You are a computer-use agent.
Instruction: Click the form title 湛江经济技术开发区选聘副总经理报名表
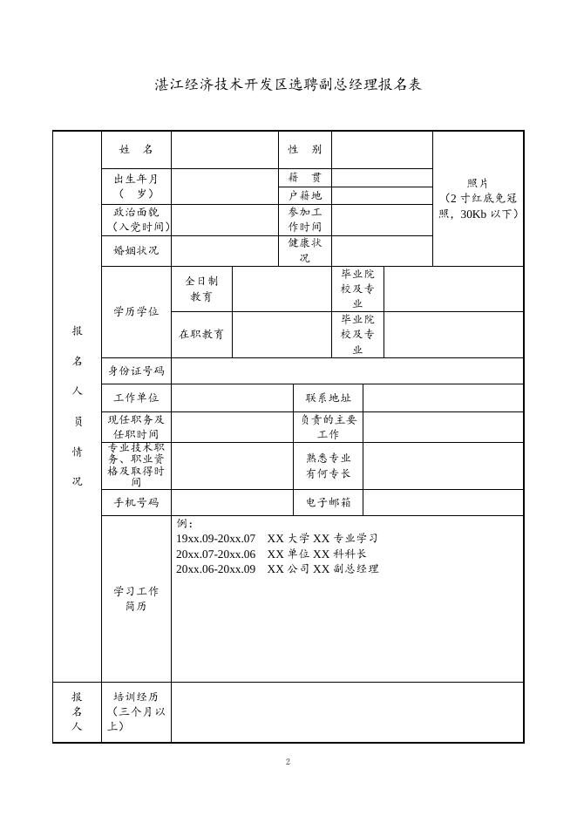(x=288, y=85)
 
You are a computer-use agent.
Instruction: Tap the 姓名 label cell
(x=136, y=150)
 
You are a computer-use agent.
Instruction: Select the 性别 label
(x=305, y=150)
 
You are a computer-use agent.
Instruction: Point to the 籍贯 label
(x=305, y=177)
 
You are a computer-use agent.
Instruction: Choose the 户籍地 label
(x=305, y=196)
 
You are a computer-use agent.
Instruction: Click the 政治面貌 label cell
(x=136, y=220)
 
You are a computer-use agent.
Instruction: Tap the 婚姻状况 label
(x=136, y=251)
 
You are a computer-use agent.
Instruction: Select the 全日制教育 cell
(x=201, y=289)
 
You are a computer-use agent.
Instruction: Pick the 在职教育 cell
(x=201, y=334)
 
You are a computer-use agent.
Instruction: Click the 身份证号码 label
(x=136, y=371)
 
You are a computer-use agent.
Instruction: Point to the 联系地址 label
(x=328, y=398)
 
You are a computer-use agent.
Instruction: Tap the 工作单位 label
(x=136, y=398)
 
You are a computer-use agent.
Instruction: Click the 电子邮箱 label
(x=328, y=503)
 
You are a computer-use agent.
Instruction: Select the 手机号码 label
(x=136, y=503)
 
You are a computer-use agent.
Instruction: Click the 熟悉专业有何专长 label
(x=328, y=466)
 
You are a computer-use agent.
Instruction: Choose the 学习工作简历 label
(x=136, y=598)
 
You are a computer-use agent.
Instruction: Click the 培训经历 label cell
(x=136, y=711)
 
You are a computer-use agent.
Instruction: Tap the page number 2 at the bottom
(x=288, y=763)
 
